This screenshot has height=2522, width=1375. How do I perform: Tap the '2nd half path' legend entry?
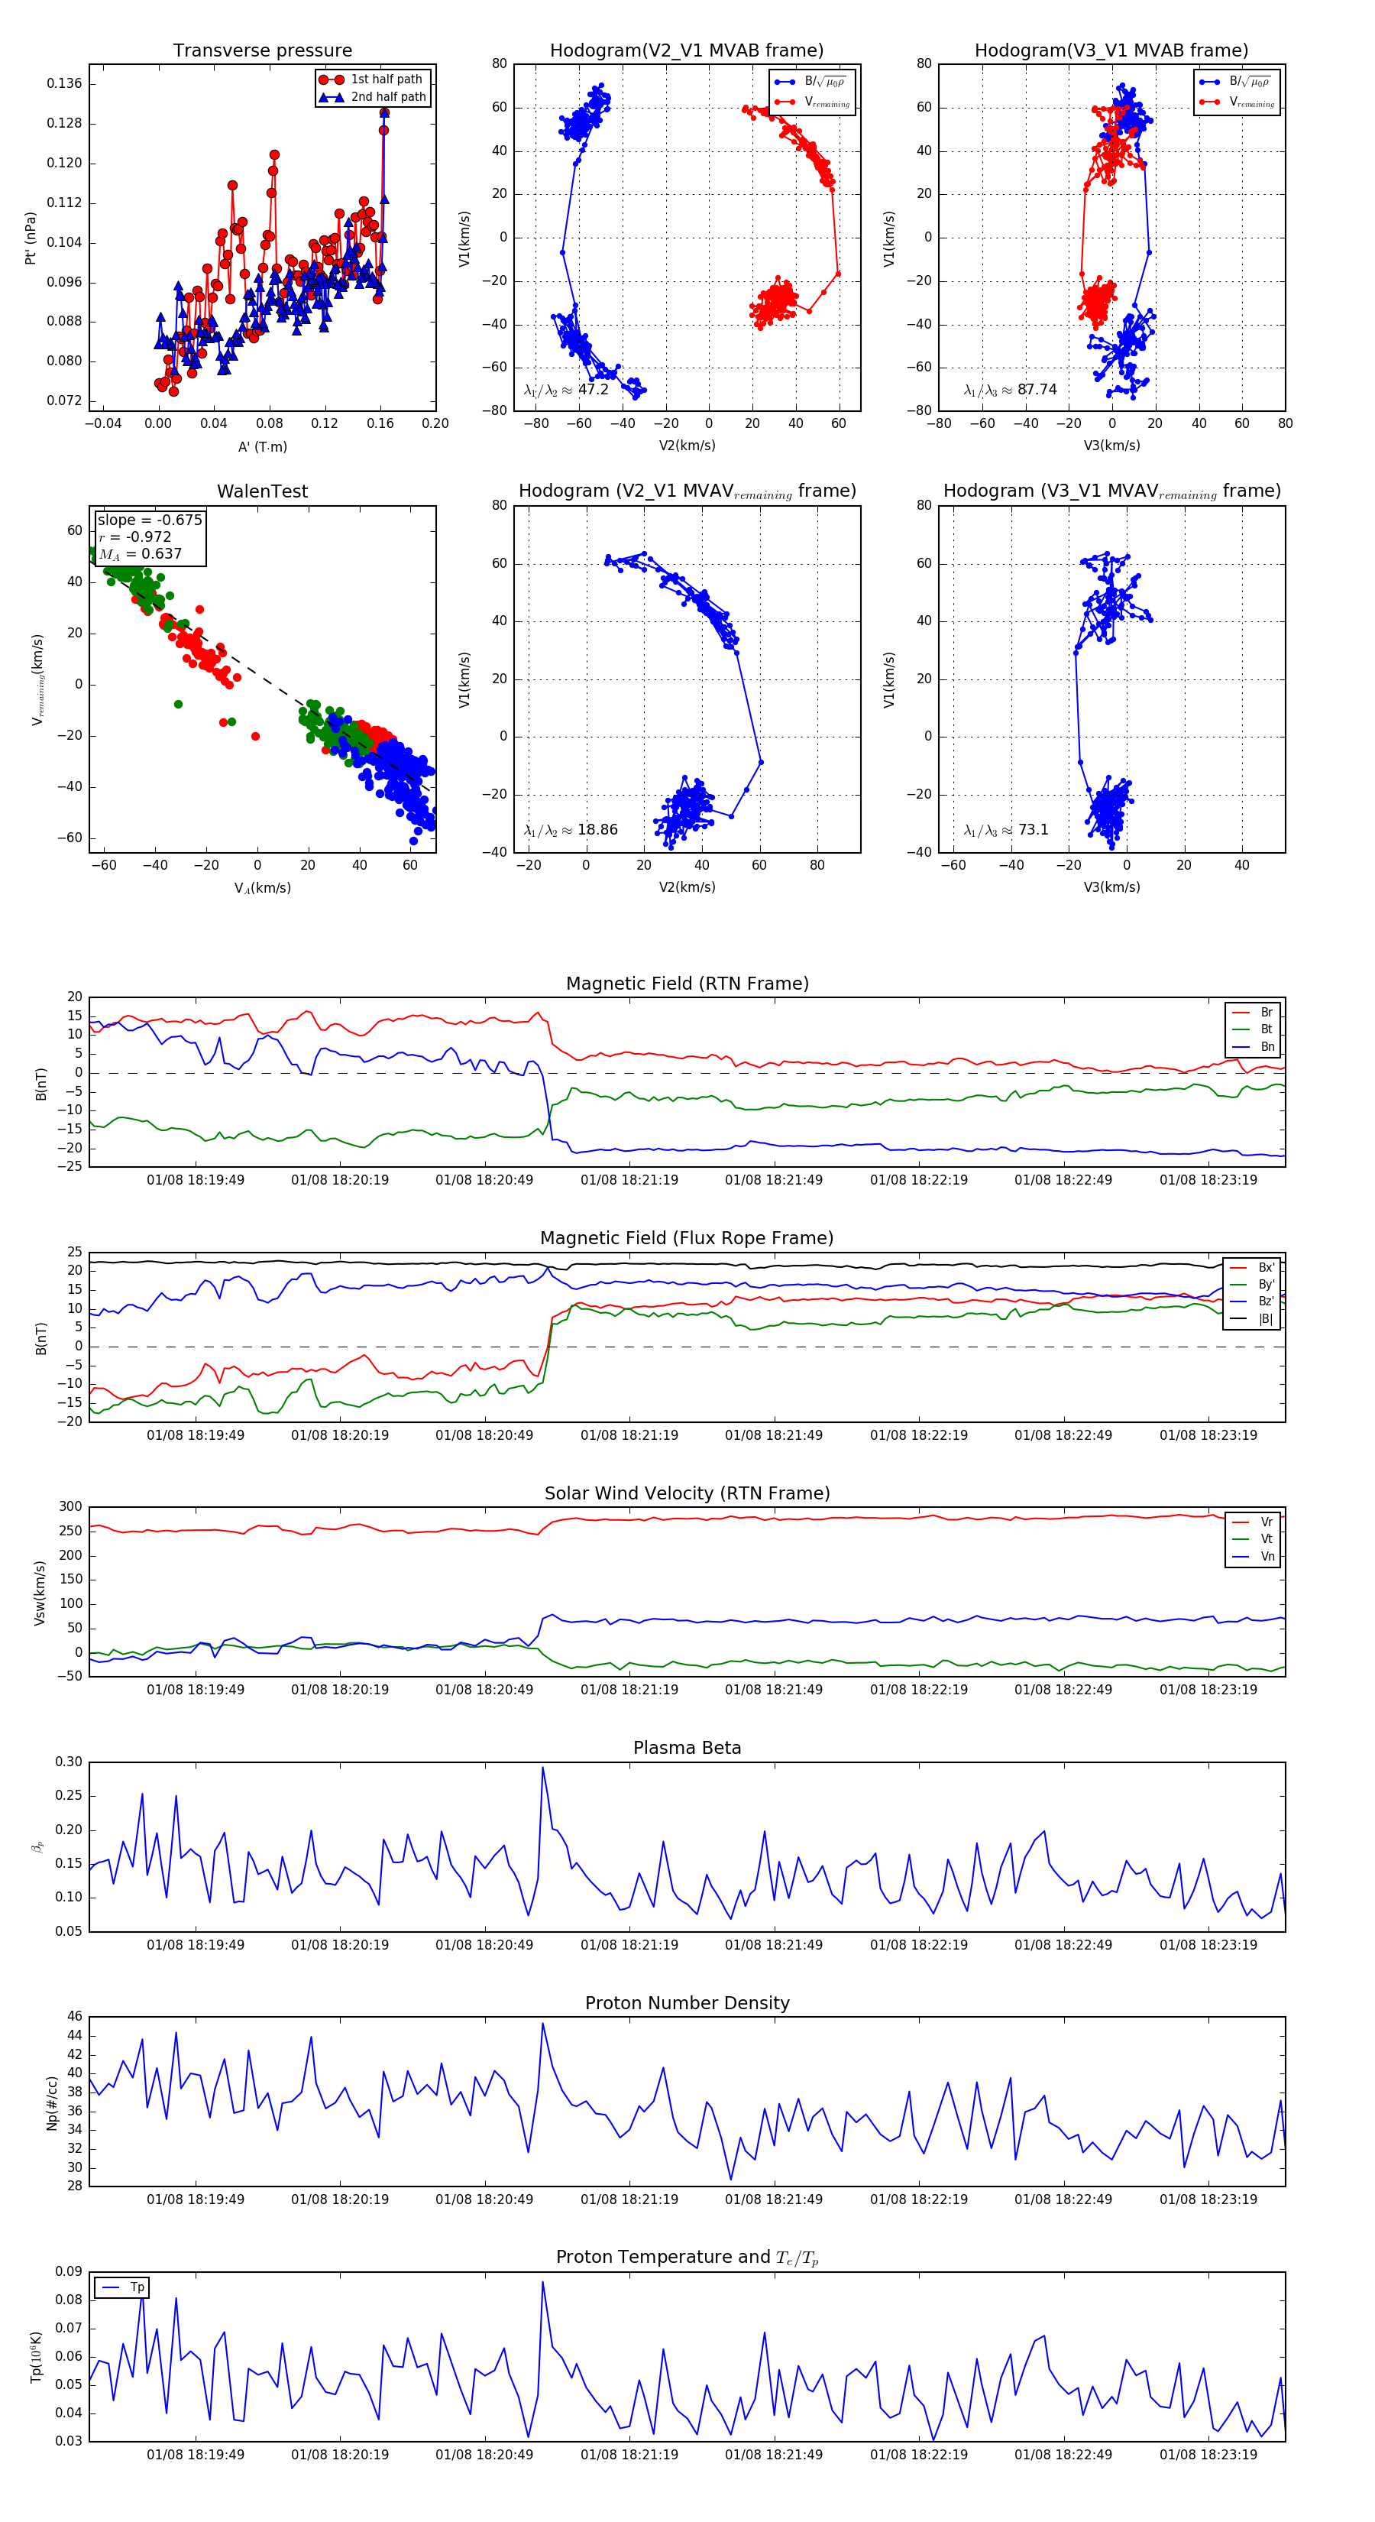pyautogui.click(x=387, y=97)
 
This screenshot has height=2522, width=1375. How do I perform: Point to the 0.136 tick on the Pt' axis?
pyautogui.click(x=65, y=84)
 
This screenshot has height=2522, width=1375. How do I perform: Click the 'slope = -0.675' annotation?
pyautogui.click(x=150, y=520)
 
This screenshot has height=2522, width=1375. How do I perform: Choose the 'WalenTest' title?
pyautogui.click(x=262, y=491)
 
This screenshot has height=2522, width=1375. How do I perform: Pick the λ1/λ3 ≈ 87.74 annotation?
pyautogui.click(x=1010, y=390)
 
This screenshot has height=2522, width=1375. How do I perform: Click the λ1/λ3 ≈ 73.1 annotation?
pyautogui.click(x=1005, y=830)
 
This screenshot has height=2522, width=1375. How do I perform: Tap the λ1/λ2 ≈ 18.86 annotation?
pyautogui.click(x=570, y=830)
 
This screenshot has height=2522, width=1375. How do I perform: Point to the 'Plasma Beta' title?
pyautogui.click(x=687, y=1749)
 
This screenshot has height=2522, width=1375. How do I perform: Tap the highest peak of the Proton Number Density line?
pyautogui.click(x=543, y=2024)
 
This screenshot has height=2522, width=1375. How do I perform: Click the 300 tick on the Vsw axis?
pyautogui.click(x=70, y=1508)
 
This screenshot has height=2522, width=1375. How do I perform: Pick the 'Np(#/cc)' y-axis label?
pyautogui.click(x=52, y=2104)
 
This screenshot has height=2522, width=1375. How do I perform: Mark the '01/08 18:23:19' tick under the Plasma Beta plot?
pyautogui.click(x=1208, y=1945)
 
